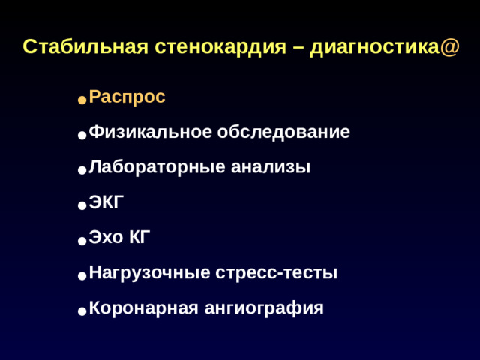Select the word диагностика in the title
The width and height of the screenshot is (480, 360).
tap(374, 47)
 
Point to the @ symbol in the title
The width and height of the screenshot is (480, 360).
tap(450, 47)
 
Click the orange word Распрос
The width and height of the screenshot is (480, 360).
tap(127, 97)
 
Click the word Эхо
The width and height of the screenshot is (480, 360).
tap(105, 238)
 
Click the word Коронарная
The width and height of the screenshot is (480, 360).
tap(143, 307)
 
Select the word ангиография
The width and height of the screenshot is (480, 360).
tap(264, 307)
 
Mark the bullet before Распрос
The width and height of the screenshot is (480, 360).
tap(81, 100)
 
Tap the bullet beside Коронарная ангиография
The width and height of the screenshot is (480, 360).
tap(81, 310)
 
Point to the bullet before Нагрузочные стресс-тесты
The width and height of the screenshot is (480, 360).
tap(81, 275)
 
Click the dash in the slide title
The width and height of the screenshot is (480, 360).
tap(297, 47)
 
